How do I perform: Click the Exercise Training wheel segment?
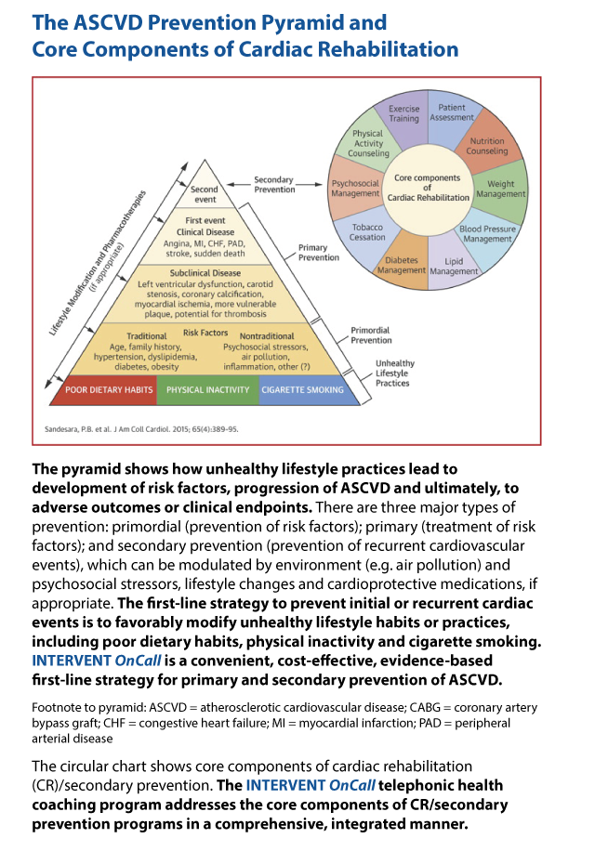pos(404,118)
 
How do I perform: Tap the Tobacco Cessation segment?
pos(367,233)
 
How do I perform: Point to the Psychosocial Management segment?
pos(355,188)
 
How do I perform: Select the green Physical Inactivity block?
pos(208,389)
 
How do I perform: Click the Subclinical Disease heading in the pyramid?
pos(205,273)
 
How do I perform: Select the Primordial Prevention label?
pos(371,334)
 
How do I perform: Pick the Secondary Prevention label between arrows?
pos(274,185)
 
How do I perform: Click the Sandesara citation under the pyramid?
pos(141,429)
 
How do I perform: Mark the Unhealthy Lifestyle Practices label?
pos(395,373)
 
